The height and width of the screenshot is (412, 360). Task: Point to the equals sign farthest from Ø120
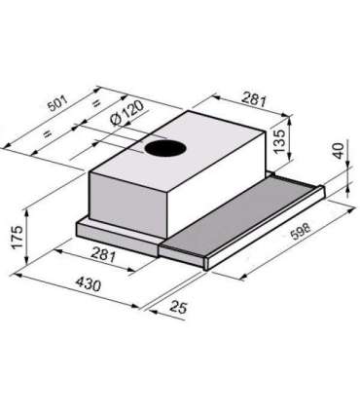pos(45,131)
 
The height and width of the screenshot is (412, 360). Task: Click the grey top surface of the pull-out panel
pos(238,218)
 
